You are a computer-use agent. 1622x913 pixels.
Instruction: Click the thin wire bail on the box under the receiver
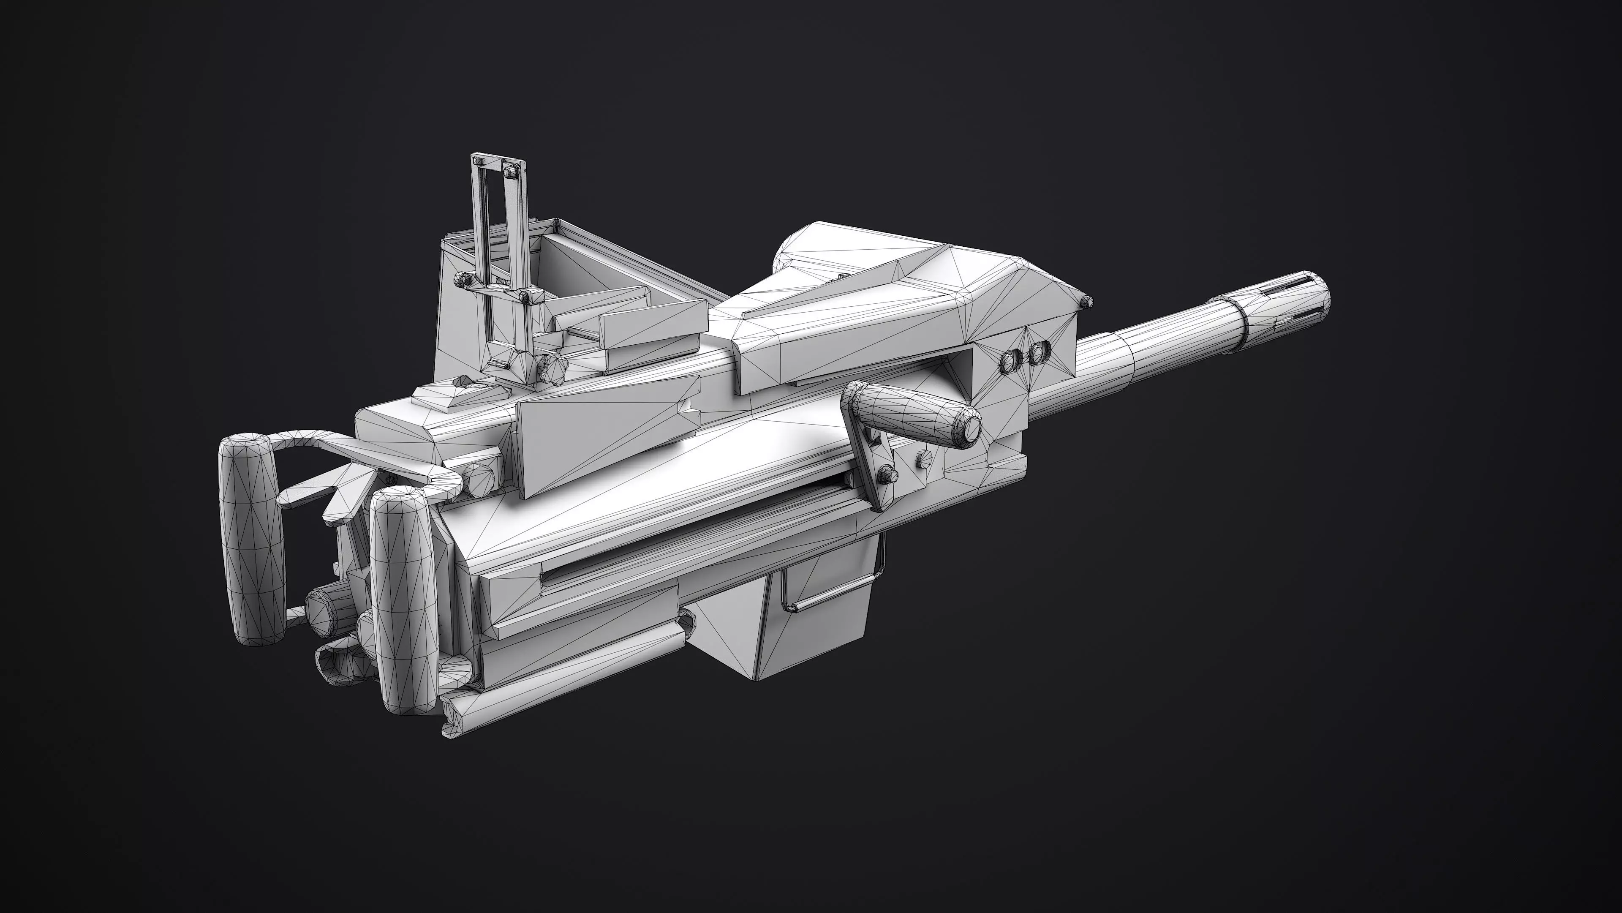point(831,592)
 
